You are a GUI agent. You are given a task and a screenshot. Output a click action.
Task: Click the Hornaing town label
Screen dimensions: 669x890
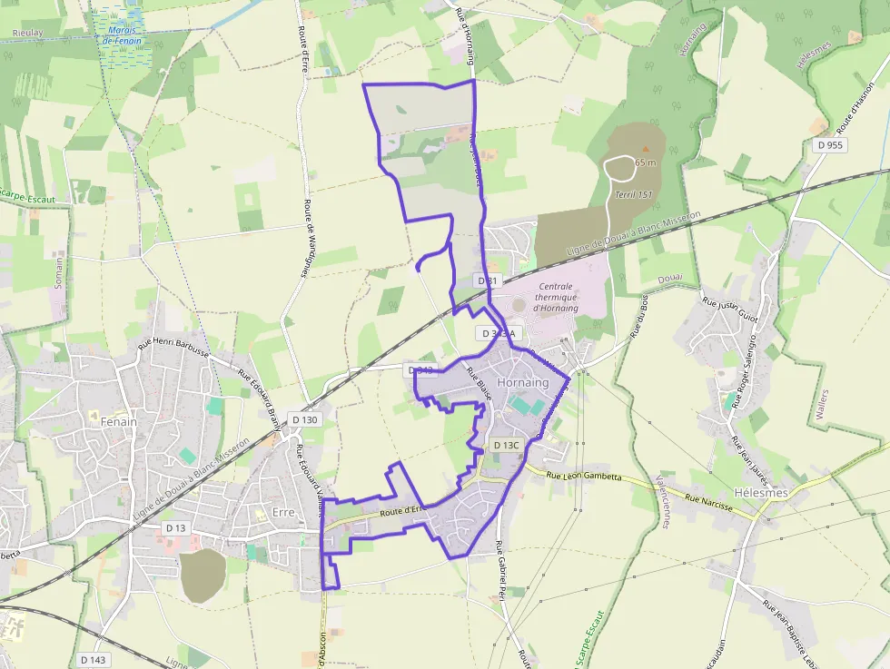point(523,383)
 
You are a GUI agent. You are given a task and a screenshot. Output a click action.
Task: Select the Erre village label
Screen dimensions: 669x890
point(284,513)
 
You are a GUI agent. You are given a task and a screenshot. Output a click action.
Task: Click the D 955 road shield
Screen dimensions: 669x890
point(830,144)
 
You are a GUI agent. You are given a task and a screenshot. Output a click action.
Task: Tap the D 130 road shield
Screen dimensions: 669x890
point(306,419)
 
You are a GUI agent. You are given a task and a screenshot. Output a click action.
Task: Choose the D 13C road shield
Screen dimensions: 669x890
point(506,445)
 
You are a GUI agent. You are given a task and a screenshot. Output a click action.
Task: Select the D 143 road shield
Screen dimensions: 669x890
point(93,660)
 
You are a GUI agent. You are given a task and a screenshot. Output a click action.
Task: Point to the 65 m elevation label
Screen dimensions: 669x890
point(645,162)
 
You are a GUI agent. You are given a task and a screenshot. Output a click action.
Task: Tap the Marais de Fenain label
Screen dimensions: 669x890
point(121,35)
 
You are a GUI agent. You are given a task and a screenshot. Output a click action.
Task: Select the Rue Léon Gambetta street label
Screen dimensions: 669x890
point(584,476)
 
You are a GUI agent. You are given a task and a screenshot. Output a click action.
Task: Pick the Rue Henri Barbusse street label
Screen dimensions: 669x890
point(173,344)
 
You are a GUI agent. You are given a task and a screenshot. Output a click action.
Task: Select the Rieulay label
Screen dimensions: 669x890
point(27,33)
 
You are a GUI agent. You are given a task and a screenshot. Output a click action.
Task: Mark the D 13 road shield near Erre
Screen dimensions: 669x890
point(175,527)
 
